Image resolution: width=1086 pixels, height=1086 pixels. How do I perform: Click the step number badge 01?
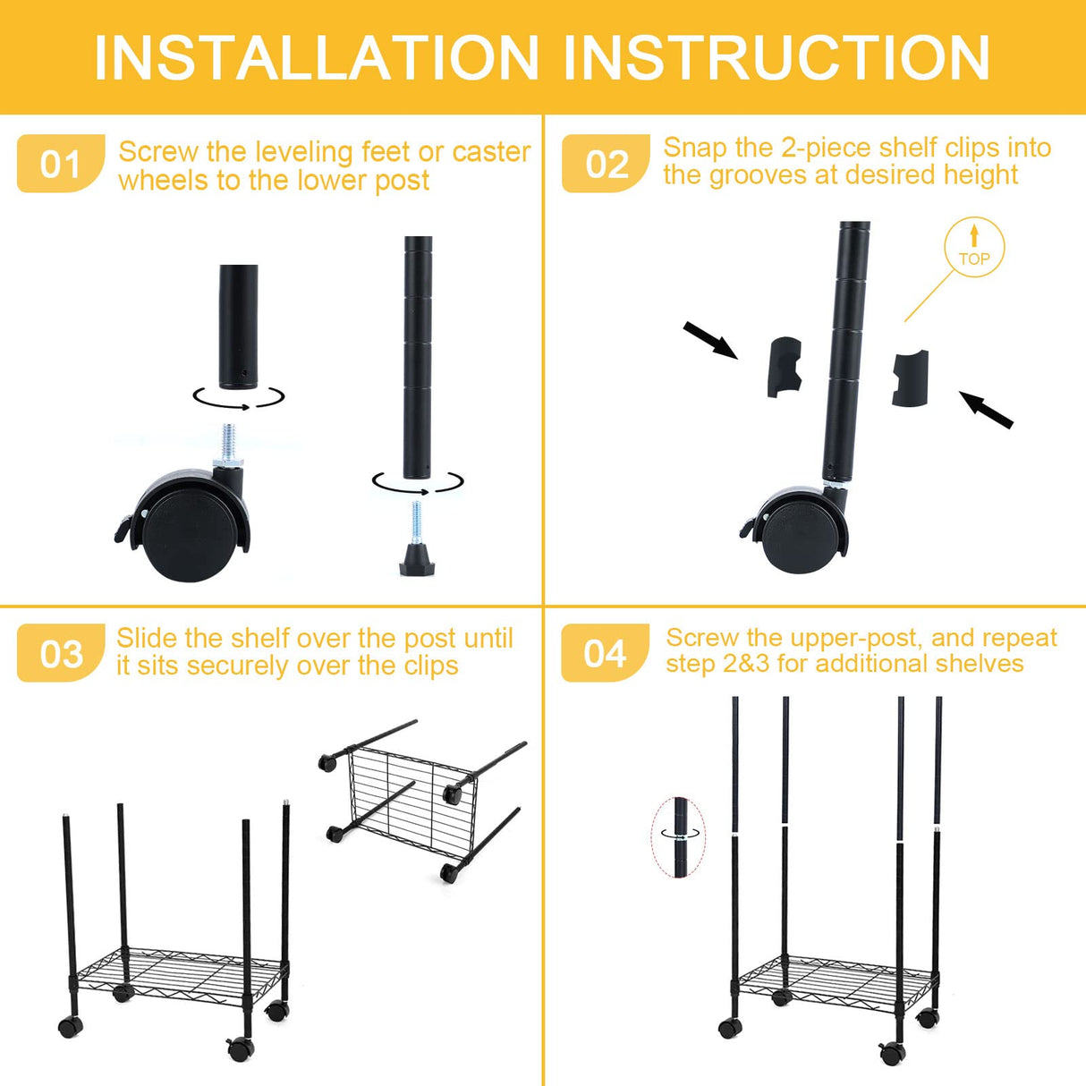point(60,165)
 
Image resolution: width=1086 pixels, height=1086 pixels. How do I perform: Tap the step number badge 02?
point(606,165)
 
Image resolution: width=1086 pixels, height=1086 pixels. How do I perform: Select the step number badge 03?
point(60,654)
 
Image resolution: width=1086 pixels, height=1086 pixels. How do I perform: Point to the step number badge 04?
point(605,654)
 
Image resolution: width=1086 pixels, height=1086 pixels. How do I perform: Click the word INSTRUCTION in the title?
point(776,58)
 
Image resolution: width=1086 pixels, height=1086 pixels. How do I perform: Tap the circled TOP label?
point(974,248)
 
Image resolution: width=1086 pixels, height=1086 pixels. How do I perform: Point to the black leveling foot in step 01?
point(417,560)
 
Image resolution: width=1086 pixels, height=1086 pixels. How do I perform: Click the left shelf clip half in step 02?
point(784,368)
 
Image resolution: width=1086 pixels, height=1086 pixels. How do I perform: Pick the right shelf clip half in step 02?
point(911,378)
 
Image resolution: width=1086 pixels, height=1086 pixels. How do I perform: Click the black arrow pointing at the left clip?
point(710,341)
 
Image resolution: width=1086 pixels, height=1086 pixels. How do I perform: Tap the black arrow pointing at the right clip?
point(986,410)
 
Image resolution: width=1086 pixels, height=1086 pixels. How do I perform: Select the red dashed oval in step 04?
point(678,837)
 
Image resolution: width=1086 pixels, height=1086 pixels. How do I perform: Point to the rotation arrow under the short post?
point(239,398)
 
